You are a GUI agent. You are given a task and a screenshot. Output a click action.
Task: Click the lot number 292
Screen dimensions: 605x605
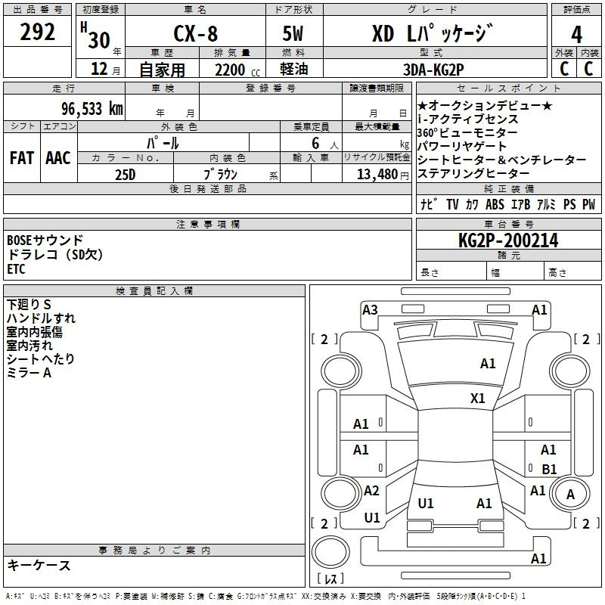pyautogui.click(x=37, y=32)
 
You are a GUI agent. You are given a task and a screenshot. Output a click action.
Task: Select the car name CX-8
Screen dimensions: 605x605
pyautogui.click(x=196, y=33)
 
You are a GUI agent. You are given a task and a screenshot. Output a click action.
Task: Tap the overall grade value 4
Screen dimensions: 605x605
pyautogui.click(x=576, y=35)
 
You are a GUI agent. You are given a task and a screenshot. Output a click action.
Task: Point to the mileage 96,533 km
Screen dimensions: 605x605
pyautogui.click(x=92, y=109)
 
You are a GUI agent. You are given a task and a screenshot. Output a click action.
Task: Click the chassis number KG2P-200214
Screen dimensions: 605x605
pyautogui.click(x=508, y=240)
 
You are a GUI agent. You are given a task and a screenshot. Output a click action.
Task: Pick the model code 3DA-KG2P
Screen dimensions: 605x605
pyautogui.click(x=433, y=70)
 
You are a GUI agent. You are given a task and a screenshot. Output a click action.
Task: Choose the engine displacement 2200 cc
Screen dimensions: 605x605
pyautogui.click(x=237, y=70)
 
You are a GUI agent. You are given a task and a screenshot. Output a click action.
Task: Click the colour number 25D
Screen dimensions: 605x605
pyautogui.click(x=126, y=175)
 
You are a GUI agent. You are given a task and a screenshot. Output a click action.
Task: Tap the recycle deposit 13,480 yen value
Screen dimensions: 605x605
pyautogui.click(x=383, y=175)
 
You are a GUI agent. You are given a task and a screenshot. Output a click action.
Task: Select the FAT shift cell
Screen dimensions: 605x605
pyautogui.click(x=22, y=158)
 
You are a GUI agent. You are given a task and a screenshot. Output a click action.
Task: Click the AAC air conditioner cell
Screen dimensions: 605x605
pyautogui.click(x=58, y=158)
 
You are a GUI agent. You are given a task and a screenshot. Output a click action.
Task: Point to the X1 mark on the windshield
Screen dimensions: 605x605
pyautogui.click(x=478, y=399)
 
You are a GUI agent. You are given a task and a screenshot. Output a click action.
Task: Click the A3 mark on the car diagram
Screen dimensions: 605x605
pyautogui.click(x=370, y=310)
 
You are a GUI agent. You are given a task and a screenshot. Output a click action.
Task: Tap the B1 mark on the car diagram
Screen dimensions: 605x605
pyautogui.click(x=549, y=469)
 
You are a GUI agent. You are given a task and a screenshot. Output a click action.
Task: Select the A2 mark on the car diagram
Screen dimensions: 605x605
pyautogui.click(x=371, y=491)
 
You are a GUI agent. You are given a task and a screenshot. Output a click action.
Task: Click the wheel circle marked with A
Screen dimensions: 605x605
pyautogui.click(x=570, y=494)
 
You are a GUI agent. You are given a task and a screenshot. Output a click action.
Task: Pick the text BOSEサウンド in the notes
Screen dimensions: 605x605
pyautogui.click(x=45, y=240)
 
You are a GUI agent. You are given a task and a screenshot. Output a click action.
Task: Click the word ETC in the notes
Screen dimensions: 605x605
pyautogui.click(x=16, y=269)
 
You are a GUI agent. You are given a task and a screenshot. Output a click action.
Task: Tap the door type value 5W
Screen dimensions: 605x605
pyautogui.click(x=293, y=33)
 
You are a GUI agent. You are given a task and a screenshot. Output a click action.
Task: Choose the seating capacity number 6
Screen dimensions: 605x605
pyautogui.click(x=315, y=143)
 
